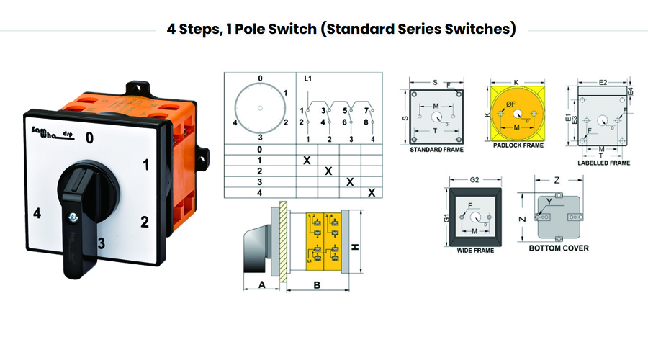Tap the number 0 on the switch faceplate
pos(89,136)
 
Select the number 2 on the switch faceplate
pos(145,221)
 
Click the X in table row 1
pos(307,159)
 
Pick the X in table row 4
pos(372,192)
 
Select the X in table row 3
pos(350,181)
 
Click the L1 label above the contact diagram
pos(307,78)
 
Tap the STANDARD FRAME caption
pos(436,150)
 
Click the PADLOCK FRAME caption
pos(518,145)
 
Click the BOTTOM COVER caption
pos(559,248)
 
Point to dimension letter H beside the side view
pos(354,246)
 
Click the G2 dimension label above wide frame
pos(474,177)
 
